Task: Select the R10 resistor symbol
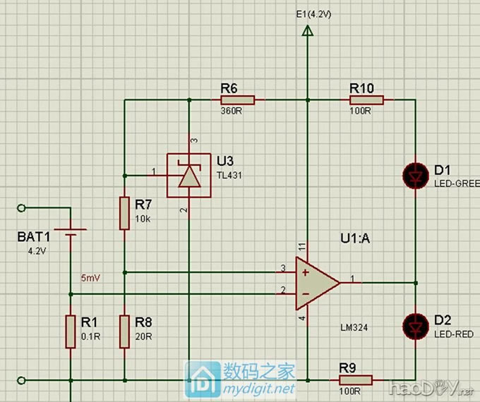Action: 367,100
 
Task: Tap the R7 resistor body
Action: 124,214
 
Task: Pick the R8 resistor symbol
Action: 124,331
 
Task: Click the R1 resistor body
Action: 71,331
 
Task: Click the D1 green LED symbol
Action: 414,173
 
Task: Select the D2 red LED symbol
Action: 414,325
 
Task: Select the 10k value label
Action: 143,219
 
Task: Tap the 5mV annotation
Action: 91,278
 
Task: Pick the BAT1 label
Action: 35,238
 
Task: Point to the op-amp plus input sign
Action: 304,272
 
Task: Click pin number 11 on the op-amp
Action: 301,246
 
